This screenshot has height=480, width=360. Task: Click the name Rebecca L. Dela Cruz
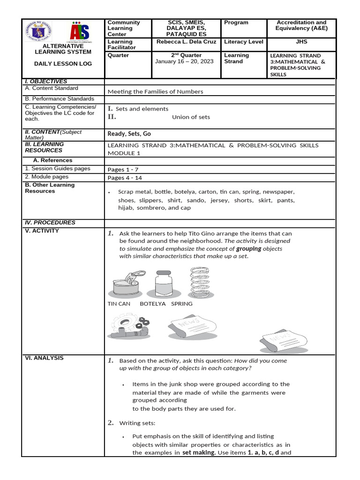186,42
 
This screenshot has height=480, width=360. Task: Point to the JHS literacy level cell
301,42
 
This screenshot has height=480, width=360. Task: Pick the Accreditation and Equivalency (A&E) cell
301,25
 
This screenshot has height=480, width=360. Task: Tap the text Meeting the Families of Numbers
155,91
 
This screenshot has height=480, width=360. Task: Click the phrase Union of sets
191,117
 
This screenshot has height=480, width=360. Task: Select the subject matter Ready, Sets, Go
129,134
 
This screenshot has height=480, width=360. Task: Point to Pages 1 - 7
122,169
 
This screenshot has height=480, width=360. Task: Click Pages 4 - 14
124,178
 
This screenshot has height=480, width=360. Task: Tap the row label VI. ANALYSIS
44,358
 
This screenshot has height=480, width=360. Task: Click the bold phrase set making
199,453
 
